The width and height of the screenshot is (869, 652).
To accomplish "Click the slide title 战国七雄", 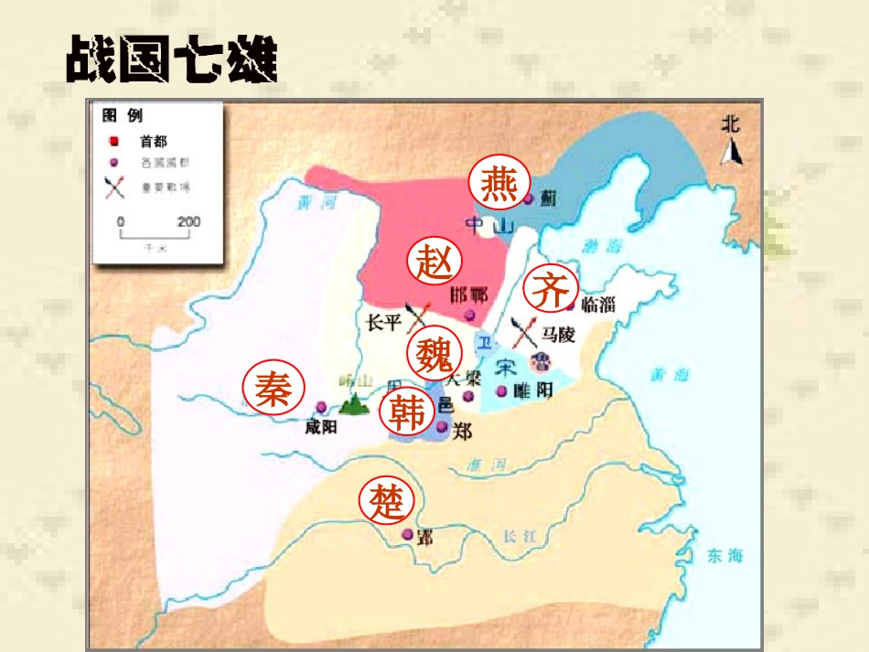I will pos(171,60).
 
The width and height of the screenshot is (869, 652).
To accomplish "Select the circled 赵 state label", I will pos(434,262).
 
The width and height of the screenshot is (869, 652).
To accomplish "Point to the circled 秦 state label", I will pos(272,389).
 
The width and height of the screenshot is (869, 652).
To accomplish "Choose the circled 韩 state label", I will pos(407,413).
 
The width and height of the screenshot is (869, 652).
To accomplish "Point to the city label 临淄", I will pos(599,305).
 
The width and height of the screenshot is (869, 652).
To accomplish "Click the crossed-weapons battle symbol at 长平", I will pos(418,315).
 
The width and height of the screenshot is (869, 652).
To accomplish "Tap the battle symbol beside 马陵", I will pos(525,331).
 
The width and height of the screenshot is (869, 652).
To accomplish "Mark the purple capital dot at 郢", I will pos(408,534).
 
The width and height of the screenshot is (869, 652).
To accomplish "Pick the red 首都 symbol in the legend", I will pos(113,142).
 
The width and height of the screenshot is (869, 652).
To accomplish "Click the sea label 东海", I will pos(724,555).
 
